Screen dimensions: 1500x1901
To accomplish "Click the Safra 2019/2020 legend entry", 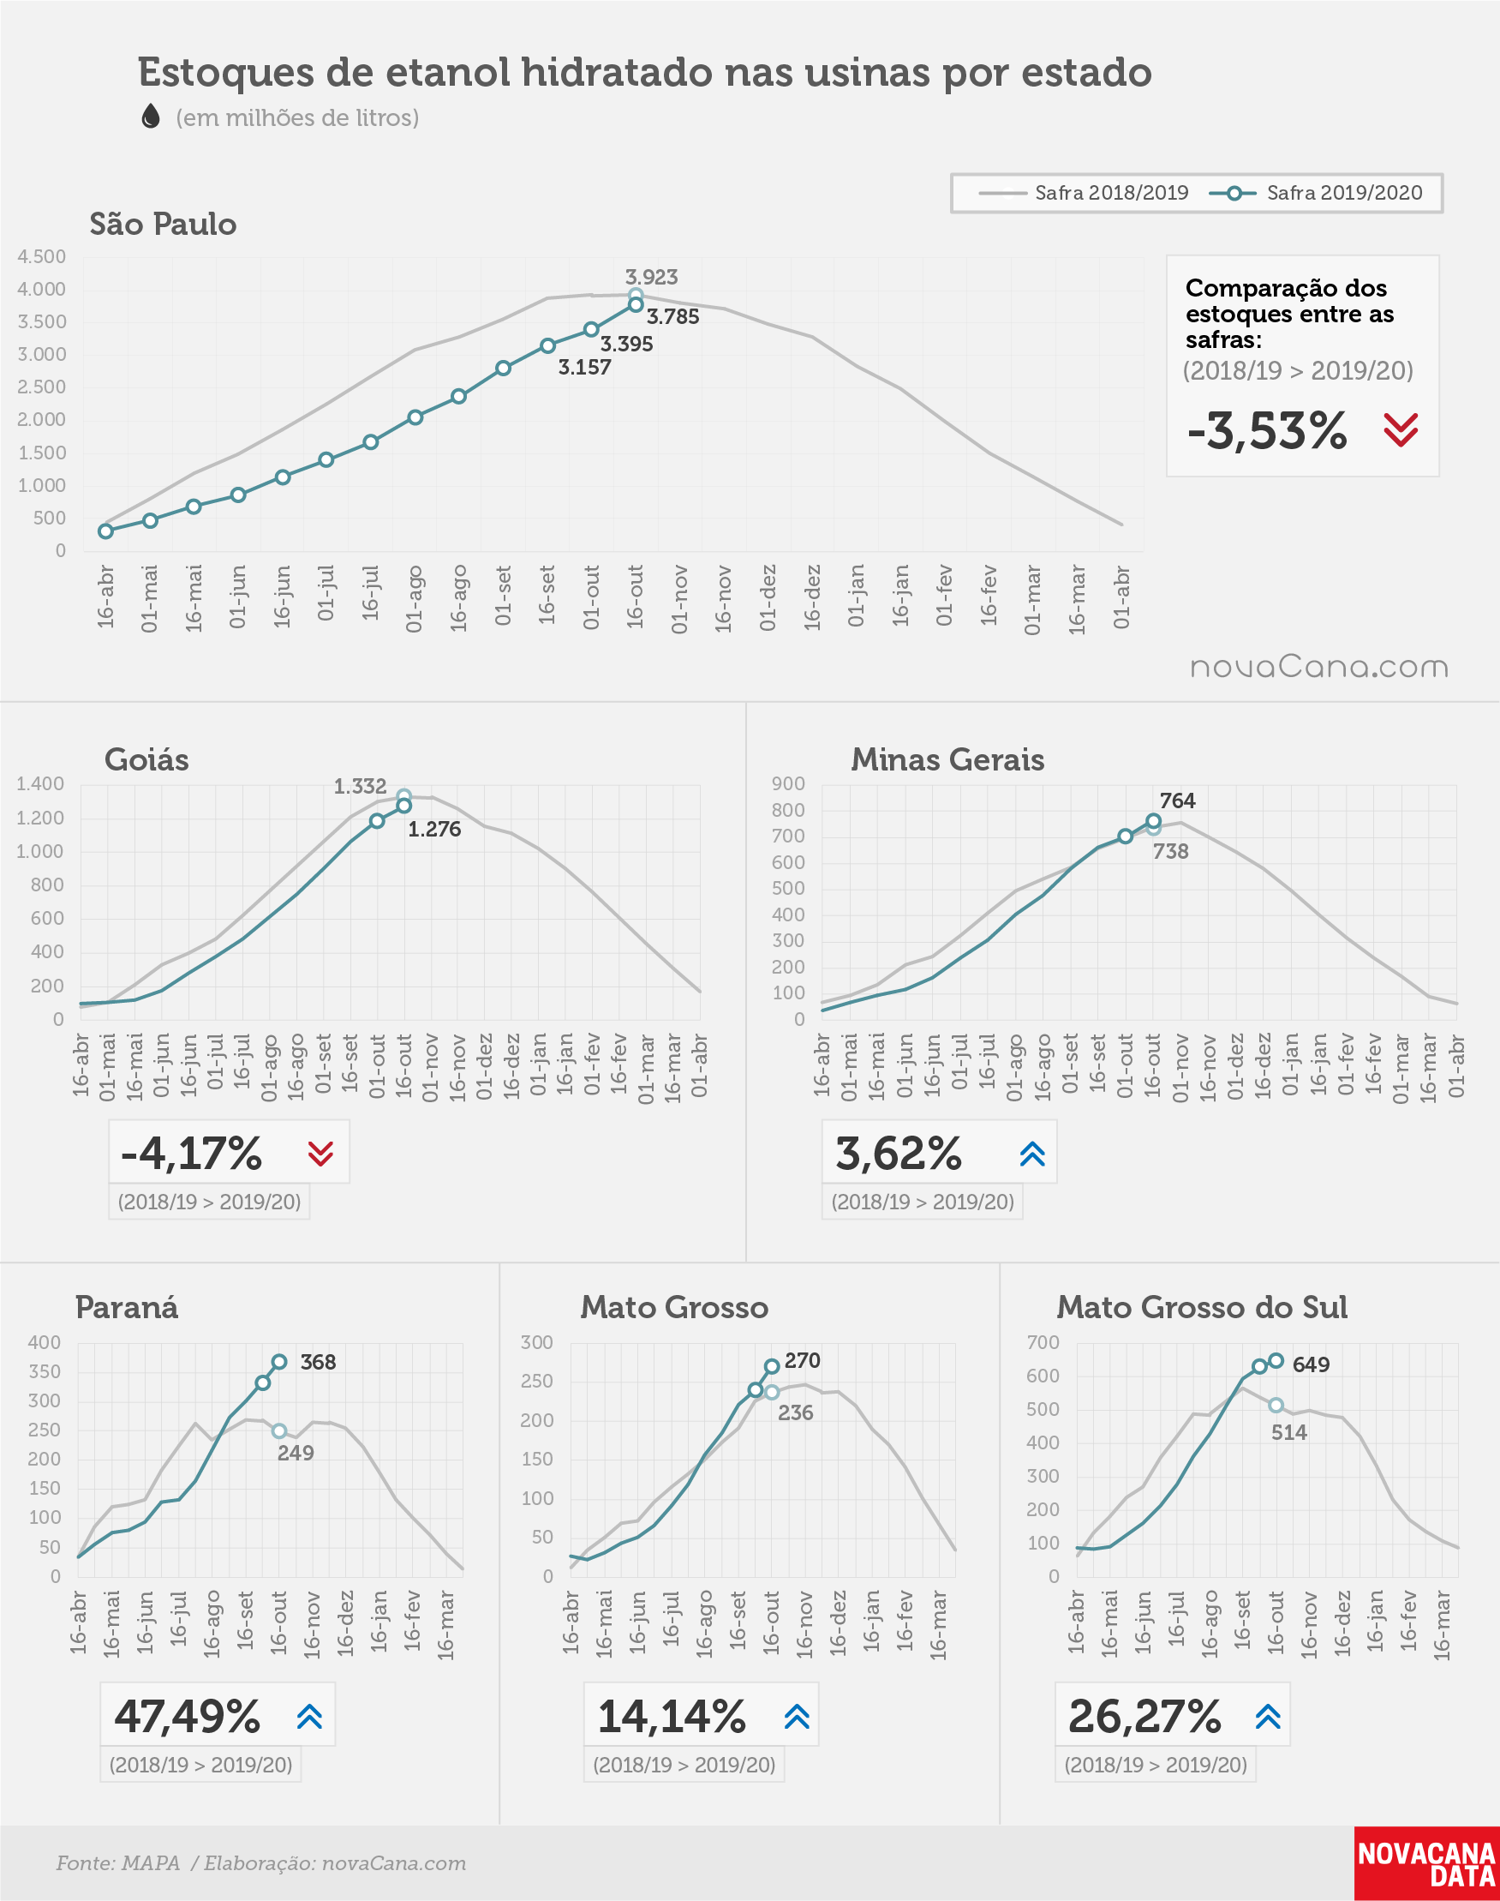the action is [x=1316, y=193].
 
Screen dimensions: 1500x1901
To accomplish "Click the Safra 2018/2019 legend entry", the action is [x=1083, y=193].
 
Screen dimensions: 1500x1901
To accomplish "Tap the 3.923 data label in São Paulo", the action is [x=651, y=277].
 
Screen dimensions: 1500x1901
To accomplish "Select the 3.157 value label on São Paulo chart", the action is [x=584, y=367].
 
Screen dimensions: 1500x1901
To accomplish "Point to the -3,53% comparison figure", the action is [x=1266, y=430].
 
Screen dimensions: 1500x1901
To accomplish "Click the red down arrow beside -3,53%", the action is [x=1400, y=429].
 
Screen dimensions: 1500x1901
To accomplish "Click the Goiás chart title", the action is [x=146, y=760].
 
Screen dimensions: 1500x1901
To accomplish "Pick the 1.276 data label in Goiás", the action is [x=433, y=830].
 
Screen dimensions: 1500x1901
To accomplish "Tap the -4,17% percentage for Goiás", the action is [x=190, y=1153].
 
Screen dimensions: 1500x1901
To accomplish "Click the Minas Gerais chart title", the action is [x=947, y=760].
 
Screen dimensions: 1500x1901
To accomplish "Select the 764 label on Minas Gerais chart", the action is [x=1177, y=801].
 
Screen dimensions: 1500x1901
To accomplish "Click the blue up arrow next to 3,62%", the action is [x=1033, y=1154].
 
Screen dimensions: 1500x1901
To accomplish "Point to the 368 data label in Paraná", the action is [x=318, y=1362].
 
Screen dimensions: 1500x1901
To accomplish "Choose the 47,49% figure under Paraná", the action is [x=187, y=1716].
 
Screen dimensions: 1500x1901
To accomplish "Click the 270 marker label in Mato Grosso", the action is [x=802, y=1360].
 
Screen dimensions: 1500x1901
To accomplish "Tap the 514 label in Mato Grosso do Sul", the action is [x=1288, y=1432].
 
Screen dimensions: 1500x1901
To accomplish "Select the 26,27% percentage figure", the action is [x=1144, y=1716].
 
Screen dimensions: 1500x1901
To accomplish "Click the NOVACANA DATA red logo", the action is [x=1426, y=1863].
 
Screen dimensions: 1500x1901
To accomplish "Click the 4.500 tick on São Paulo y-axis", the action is [x=41, y=256].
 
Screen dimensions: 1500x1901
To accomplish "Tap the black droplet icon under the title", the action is [x=151, y=116].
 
